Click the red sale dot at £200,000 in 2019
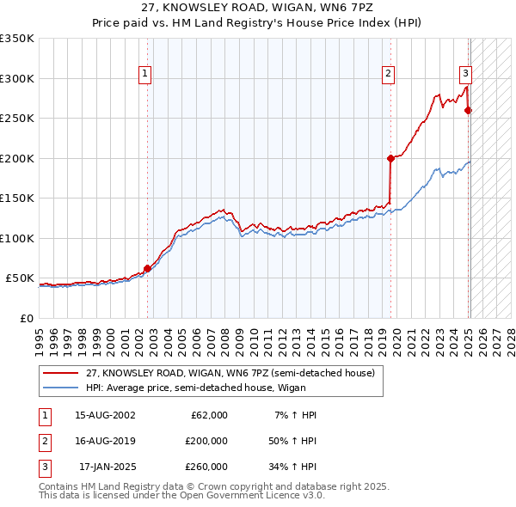pos(390,158)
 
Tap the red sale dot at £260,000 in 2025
pos(469,110)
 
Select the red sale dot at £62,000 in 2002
pos(147,268)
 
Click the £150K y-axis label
pos(16,199)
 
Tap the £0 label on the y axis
pos(25,319)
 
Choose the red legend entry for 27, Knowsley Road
pos(230,374)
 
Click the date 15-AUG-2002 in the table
pos(105,415)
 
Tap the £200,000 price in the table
pos(206,441)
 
